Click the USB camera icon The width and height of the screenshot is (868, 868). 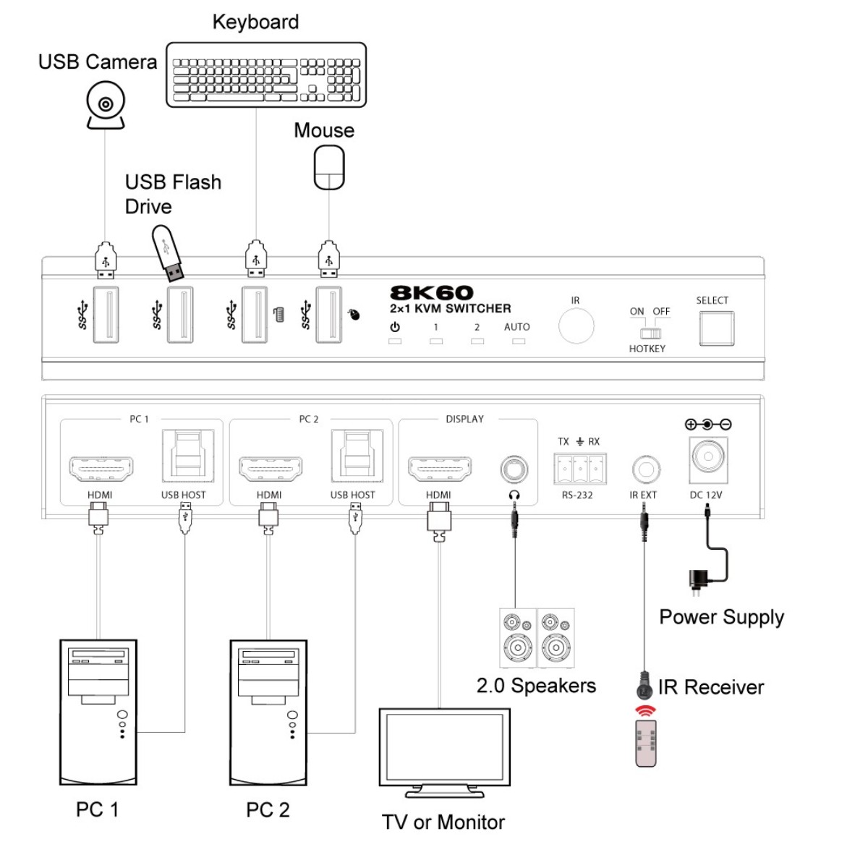106,105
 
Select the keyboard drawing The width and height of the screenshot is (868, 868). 266,75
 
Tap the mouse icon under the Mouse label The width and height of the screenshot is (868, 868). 329,168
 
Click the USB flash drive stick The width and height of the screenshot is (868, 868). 168,253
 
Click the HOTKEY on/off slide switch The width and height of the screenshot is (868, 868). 650,333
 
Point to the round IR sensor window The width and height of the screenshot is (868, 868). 576,326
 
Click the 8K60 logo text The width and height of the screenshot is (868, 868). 432,293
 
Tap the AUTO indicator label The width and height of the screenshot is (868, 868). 517,327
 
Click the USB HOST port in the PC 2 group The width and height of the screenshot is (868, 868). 357,456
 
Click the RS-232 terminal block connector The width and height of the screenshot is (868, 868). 580,469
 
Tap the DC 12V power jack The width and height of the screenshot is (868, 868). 708,458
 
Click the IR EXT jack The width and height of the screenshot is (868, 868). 645,469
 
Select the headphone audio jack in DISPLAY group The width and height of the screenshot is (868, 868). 514,469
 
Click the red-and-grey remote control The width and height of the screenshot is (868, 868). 645,744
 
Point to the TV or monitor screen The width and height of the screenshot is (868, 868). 444,746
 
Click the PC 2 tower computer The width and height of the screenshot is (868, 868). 268,712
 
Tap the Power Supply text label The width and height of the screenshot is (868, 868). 721,617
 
